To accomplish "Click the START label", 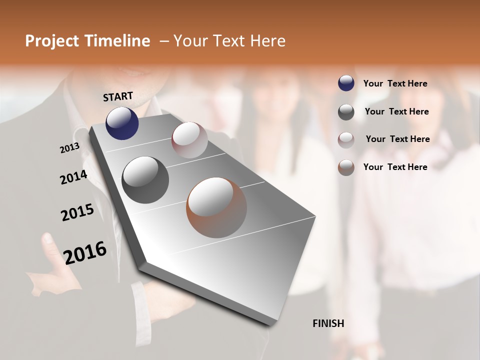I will (118, 96).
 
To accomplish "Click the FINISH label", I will (328, 323).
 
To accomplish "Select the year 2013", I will (70, 147).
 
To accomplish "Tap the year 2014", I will (73, 177).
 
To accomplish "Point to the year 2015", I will (77, 212).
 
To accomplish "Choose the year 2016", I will (85, 252).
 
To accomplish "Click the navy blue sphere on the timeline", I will (122, 123).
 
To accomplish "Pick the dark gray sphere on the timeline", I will (145, 180).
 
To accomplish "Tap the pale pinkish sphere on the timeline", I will (189, 140).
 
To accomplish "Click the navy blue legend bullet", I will (346, 83).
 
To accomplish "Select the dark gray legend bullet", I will (346, 112).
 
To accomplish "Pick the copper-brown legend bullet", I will (346, 167).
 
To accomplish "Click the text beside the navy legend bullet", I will (395, 83).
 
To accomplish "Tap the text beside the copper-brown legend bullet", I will (395, 167).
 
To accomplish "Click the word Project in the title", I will (51, 41).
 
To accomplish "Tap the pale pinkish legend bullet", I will (346, 140).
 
